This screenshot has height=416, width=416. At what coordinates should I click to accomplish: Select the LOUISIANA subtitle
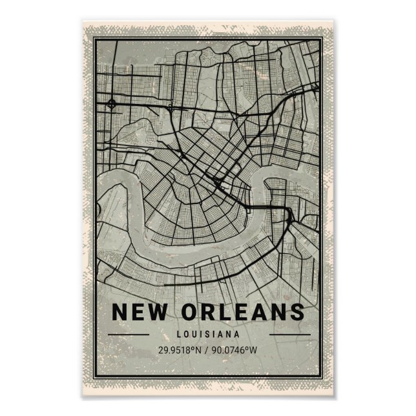point(208,334)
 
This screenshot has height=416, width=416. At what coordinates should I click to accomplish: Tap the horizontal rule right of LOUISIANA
point(289,334)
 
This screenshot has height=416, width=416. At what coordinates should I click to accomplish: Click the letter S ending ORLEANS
point(296,311)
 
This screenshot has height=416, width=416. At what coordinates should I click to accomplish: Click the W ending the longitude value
point(255,351)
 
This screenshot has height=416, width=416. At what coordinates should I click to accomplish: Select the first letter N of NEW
point(121,311)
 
